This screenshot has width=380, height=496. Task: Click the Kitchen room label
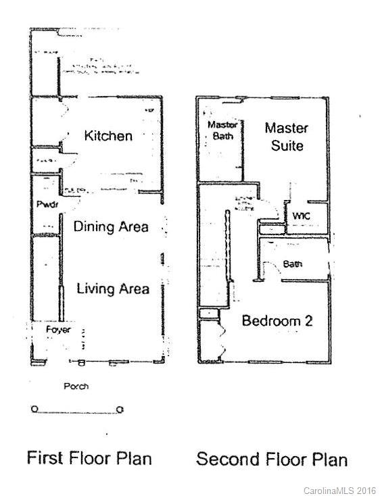click(108, 136)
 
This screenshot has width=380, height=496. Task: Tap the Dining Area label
click(111, 226)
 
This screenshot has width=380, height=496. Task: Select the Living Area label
click(113, 289)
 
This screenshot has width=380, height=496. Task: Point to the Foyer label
click(58, 329)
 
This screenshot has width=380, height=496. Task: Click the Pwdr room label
click(45, 204)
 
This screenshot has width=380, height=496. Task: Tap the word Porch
click(76, 387)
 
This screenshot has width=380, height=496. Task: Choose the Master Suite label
click(286, 137)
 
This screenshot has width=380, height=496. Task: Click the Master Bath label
click(220, 130)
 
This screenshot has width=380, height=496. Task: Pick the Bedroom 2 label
click(277, 321)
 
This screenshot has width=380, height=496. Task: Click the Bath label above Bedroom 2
click(293, 264)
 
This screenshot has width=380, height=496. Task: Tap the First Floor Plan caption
click(89, 457)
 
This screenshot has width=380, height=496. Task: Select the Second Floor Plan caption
click(272, 460)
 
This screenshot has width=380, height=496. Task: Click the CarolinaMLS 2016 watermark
click(339, 489)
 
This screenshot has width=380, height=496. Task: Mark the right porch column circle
click(119, 409)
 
